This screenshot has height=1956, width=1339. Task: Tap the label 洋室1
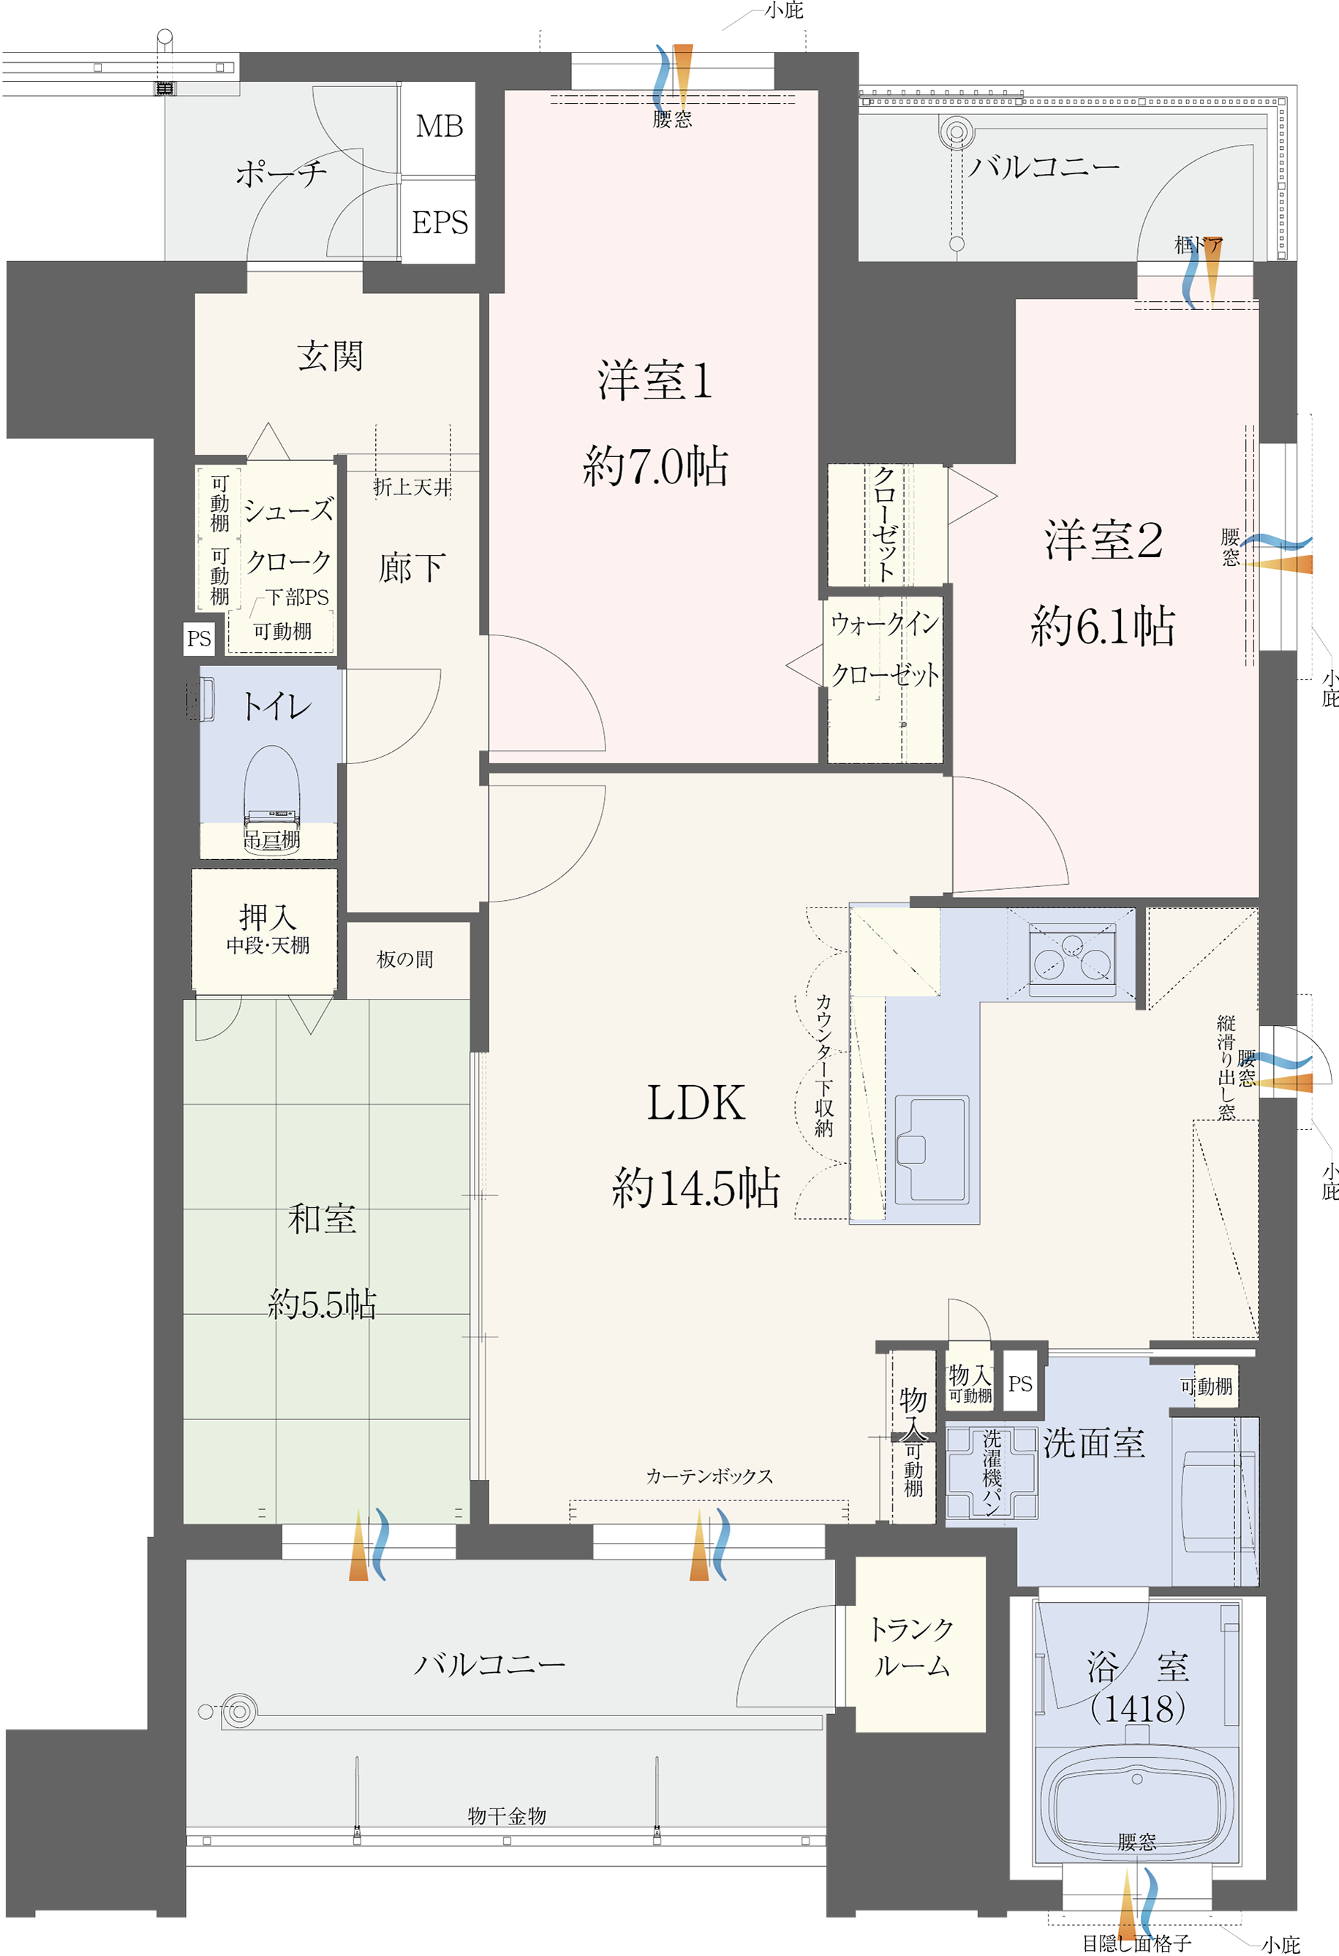point(655,380)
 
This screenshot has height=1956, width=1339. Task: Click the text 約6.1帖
point(1103,627)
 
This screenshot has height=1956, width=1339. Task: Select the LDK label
point(696,1103)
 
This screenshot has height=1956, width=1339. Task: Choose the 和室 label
point(323,1219)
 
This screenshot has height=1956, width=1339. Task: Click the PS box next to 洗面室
point(1020,1383)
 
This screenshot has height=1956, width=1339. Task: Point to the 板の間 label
point(405,959)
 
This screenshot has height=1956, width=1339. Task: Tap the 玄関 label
point(330,357)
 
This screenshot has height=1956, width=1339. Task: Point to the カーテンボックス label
point(709,1476)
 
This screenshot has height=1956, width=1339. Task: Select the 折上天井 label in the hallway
point(412,487)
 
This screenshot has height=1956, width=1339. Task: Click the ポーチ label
point(281,174)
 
